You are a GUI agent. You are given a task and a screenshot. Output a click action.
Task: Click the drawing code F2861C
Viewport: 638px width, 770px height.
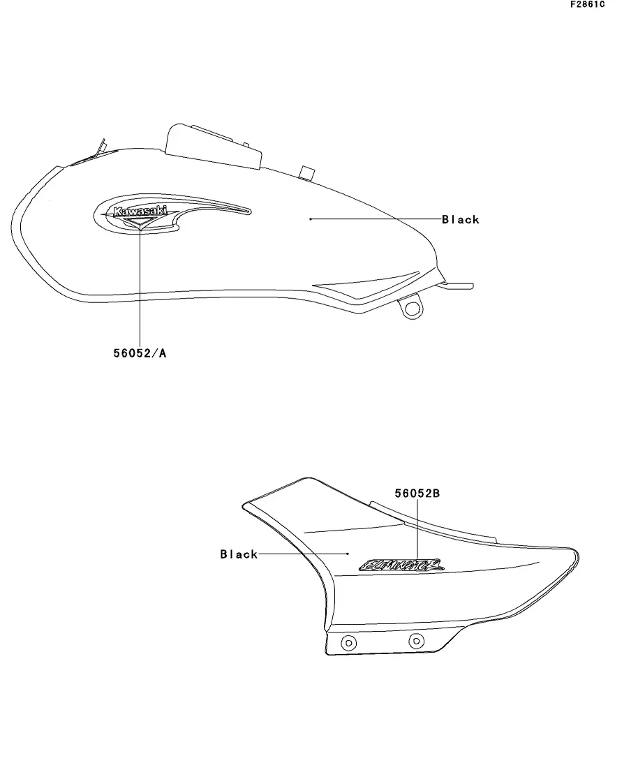(588, 4)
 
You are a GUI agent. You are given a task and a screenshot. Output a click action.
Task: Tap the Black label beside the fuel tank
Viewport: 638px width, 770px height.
(461, 219)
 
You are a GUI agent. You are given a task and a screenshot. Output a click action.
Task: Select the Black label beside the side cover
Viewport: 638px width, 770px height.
(239, 554)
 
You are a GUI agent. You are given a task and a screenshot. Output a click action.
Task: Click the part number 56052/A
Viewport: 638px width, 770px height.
(140, 353)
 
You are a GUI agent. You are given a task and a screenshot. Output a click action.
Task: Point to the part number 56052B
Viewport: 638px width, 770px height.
(417, 494)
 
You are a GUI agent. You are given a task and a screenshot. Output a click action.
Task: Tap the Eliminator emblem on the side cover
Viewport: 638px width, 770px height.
(401, 564)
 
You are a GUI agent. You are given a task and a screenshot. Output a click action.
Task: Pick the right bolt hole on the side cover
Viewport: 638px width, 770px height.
(416, 640)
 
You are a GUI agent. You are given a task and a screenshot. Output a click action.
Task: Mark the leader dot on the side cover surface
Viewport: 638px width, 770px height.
(348, 554)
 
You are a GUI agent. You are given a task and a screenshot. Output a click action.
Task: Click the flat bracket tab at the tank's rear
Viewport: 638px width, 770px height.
(458, 285)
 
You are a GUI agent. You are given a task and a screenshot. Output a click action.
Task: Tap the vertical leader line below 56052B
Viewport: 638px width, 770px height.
(417, 527)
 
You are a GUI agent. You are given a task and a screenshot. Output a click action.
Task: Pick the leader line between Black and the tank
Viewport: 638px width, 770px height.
(377, 219)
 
